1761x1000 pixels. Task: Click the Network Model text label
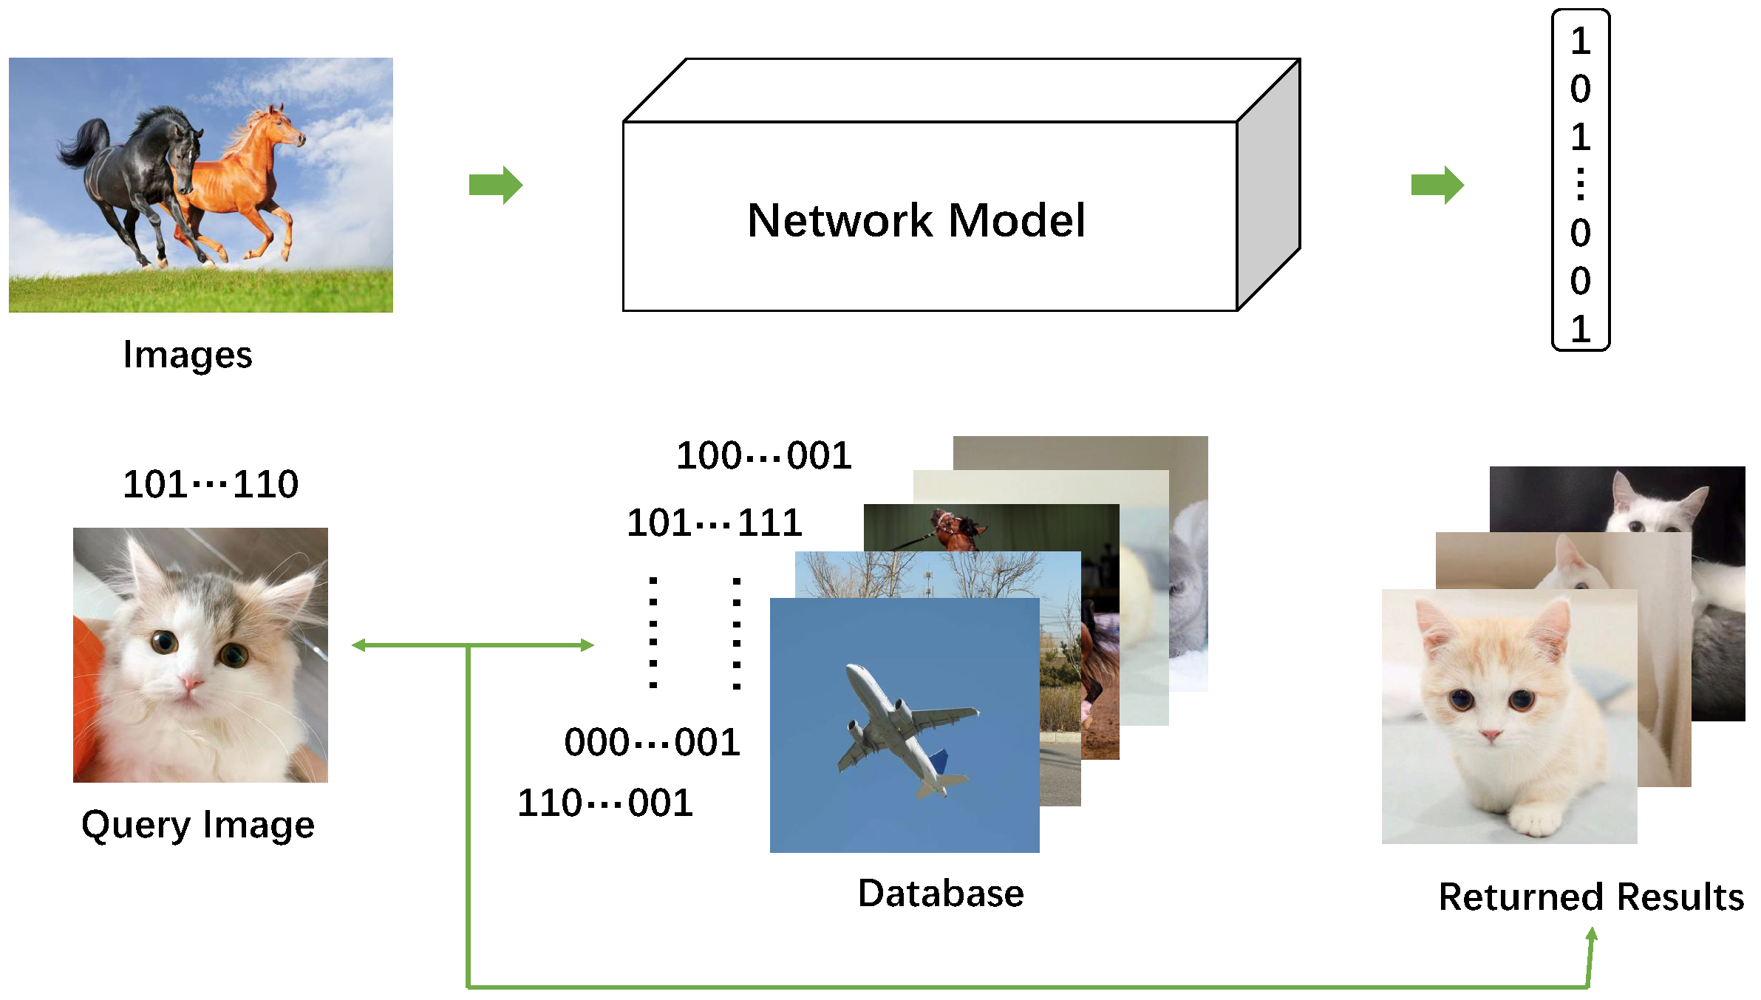click(916, 220)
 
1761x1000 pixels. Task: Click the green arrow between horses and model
click(495, 185)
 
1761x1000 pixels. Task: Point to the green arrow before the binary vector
click(1437, 185)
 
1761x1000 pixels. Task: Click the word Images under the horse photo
click(188, 355)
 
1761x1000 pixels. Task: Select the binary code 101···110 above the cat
click(211, 485)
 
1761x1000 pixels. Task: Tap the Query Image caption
click(198, 825)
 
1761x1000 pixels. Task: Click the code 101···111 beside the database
click(715, 523)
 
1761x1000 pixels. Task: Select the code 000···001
click(652, 742)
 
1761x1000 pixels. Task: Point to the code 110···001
click(605, 803)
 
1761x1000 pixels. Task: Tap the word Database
click(941, 894)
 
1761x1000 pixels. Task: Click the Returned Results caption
click(1591, 897)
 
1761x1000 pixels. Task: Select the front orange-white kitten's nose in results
click(1491, 735)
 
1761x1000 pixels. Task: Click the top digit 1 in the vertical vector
click(1580, 41)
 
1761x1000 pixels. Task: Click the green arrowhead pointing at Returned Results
click(1592, 936)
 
